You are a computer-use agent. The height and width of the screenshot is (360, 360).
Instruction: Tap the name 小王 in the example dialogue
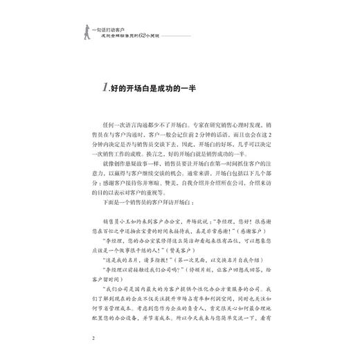coord(132,225)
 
